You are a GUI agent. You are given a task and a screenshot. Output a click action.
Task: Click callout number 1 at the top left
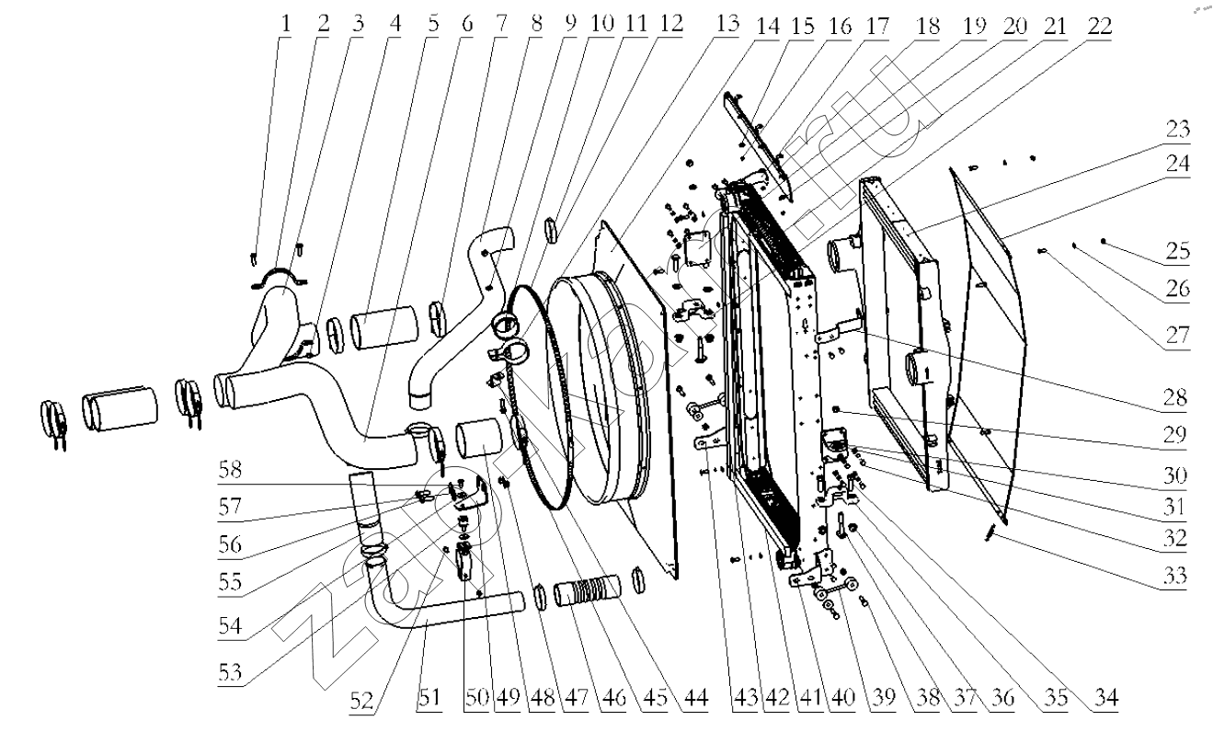coord(285,23)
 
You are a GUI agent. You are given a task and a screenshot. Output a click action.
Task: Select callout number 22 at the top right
coord(1099,25)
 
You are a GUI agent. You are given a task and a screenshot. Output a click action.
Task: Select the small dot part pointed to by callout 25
coord(1104,242)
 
